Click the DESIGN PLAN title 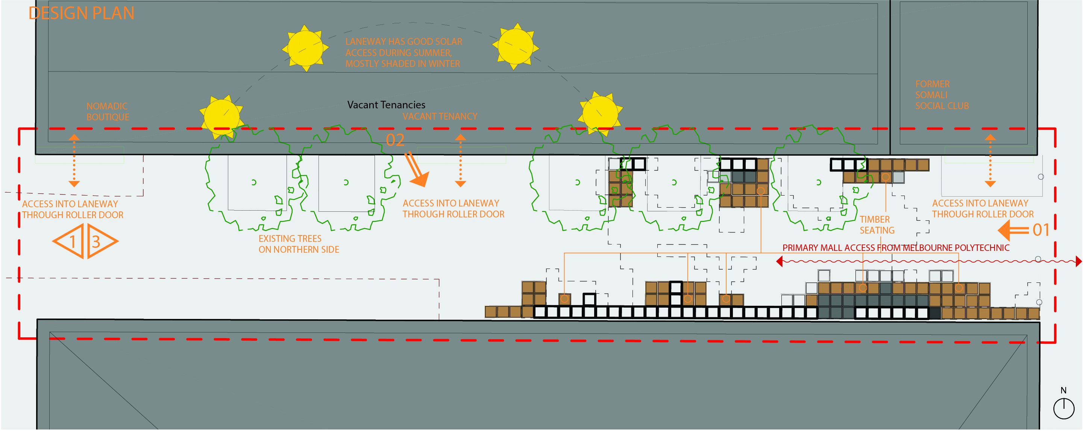[x=81, y=14]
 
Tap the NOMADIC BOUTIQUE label [x=108, y=111]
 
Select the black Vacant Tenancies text [x=386, y=105]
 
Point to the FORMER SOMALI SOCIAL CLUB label [x=942, y=95]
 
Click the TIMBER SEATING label [x=877, y=225]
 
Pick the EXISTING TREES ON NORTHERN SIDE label [x=299, y=244]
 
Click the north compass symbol [x=1064, y=407]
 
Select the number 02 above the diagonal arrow [x=395, y=140]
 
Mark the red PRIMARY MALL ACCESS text [x=895, y=248]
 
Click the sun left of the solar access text [x=305, y=48]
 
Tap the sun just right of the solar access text [x=516, y=46]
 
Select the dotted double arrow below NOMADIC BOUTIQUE [x=74, y=161]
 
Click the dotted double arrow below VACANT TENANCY [x=460, y=161]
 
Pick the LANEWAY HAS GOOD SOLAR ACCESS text [x=403, y=53]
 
